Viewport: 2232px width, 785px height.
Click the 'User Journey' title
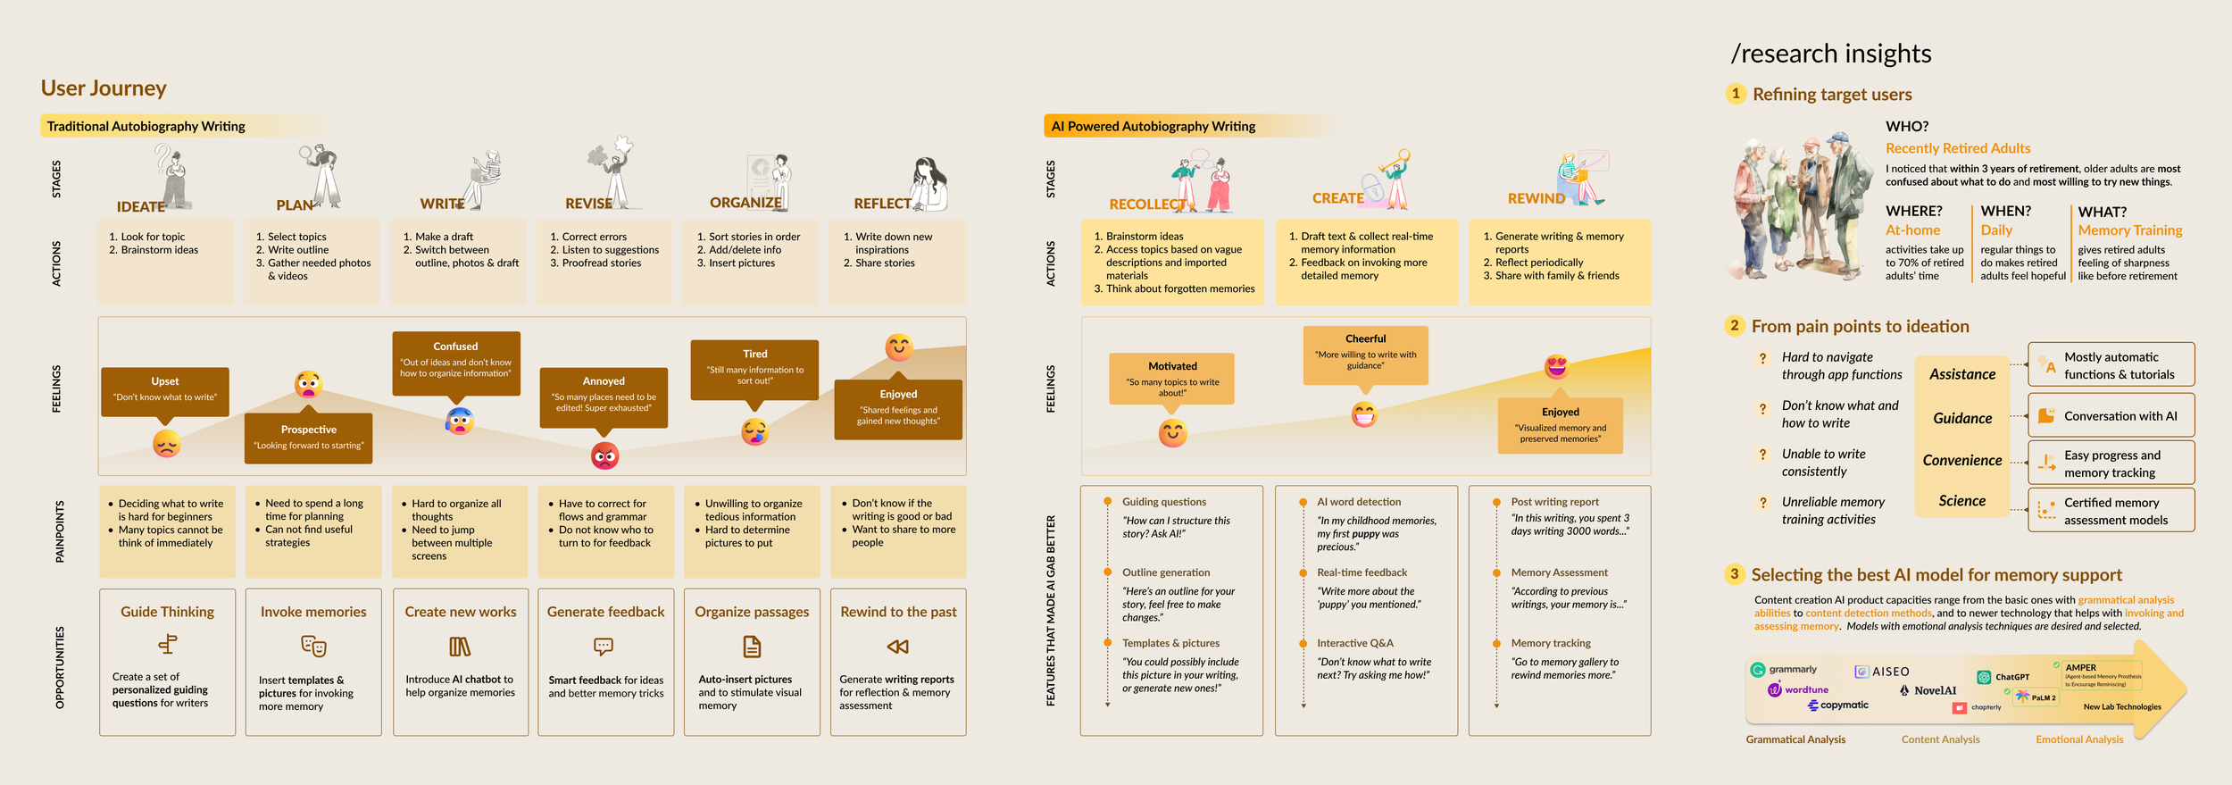point(104,88)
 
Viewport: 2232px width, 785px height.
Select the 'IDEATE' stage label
point(141,207)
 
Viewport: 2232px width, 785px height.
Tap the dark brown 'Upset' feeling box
point(165,391)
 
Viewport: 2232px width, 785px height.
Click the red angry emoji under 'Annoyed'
point(604,456)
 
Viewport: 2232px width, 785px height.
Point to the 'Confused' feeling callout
point(455,360)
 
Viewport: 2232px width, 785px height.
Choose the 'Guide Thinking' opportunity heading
point(168,612)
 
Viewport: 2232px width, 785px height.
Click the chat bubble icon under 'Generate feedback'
point(604,646)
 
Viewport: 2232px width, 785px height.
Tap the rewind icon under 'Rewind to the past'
point(897,647)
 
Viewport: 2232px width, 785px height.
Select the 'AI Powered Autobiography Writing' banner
point(1153,127)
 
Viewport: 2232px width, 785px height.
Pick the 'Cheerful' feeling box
point(1365,353)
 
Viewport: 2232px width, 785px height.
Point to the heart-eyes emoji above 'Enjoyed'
point(1556,366)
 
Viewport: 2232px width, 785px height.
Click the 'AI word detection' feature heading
point(1359,502)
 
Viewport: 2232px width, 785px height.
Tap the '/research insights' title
point(1830,54)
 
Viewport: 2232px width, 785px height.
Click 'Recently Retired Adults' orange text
point(1957,148)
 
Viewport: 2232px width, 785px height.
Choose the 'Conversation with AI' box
point(2111,416)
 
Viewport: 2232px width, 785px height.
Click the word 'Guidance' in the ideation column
point(1962,418)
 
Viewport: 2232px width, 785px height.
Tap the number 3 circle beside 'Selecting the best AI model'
point(1734,574)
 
